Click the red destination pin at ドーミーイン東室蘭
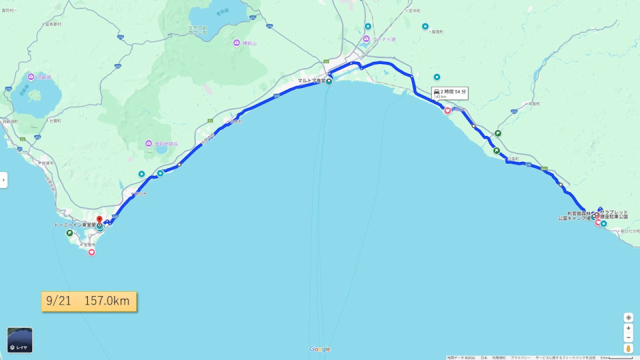point(99,219)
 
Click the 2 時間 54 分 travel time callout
point(450,92)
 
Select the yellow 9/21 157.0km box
point(89,301)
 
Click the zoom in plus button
point(628,329)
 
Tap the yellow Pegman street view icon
point(628,348)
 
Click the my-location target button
point(628,317)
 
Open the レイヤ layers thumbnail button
point(20,340)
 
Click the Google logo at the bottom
point(320,349)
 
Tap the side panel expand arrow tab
point(3,180)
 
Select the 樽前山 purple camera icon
point(237,43)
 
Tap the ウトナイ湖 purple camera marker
point(366,39)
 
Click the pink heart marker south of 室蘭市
point(91,252)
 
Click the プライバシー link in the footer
point(520,357)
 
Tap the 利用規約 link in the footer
point(499,357)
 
